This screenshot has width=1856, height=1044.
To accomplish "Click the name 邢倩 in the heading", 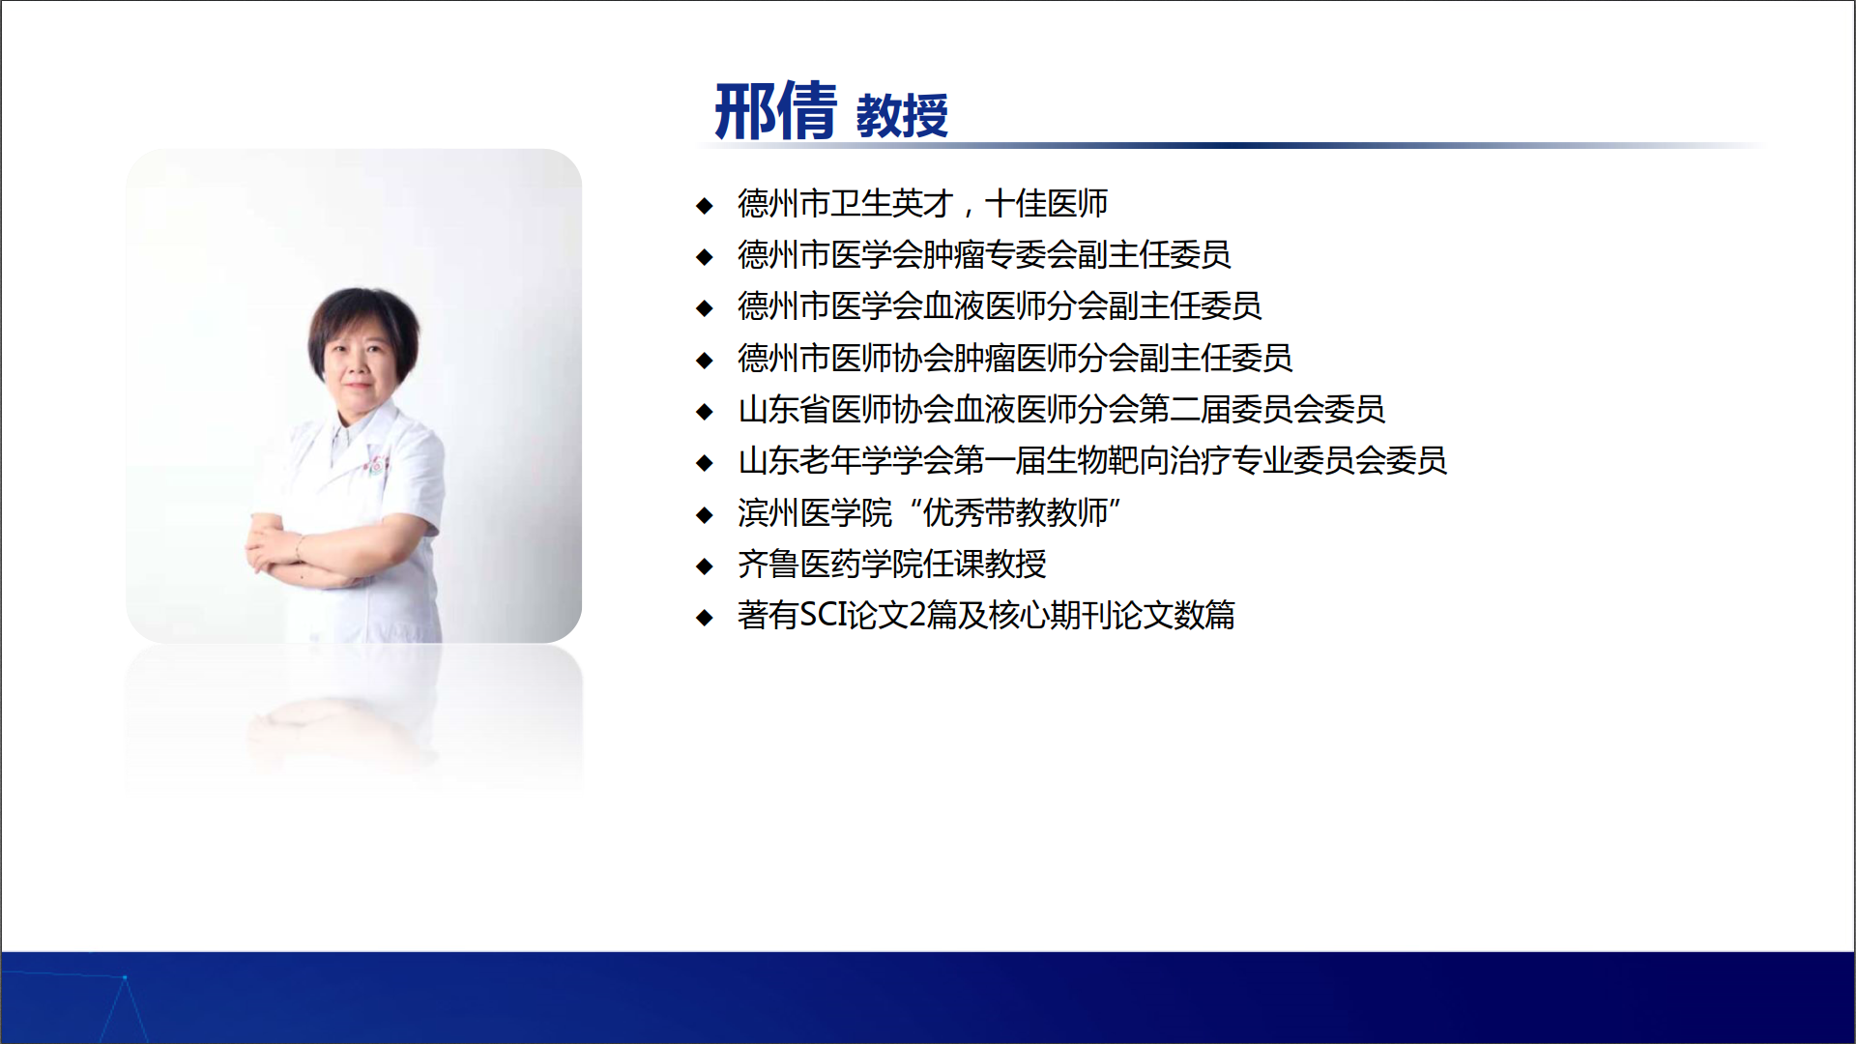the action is (x=775, y=111).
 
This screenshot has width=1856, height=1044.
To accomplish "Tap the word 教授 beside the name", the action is (x=902, y=116).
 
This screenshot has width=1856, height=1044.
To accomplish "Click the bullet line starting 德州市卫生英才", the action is (x=922, y=204).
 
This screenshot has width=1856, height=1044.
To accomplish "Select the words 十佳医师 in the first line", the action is (x=1046, y=204).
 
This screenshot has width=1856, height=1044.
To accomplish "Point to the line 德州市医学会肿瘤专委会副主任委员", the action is (x=984, y=255).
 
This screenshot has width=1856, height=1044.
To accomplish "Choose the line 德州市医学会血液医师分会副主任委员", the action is (x=1000, y=306).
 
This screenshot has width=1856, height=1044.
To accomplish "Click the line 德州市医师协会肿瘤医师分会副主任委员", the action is (x=1015, y=359).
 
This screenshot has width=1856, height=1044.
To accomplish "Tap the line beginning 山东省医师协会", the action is (x=1061, y=410).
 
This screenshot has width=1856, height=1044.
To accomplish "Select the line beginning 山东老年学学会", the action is (x=1092, y=461).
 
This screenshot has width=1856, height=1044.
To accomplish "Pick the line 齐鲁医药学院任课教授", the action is (x=891, y=565).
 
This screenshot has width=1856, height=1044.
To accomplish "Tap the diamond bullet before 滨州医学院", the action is (x=705, y=515).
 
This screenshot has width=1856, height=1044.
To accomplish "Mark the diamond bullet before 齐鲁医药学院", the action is (x=705, y=566).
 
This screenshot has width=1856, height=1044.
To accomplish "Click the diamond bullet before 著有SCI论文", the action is (x=705, y=618).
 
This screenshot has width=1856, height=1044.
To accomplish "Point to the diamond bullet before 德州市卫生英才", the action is (x=705, y=206).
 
